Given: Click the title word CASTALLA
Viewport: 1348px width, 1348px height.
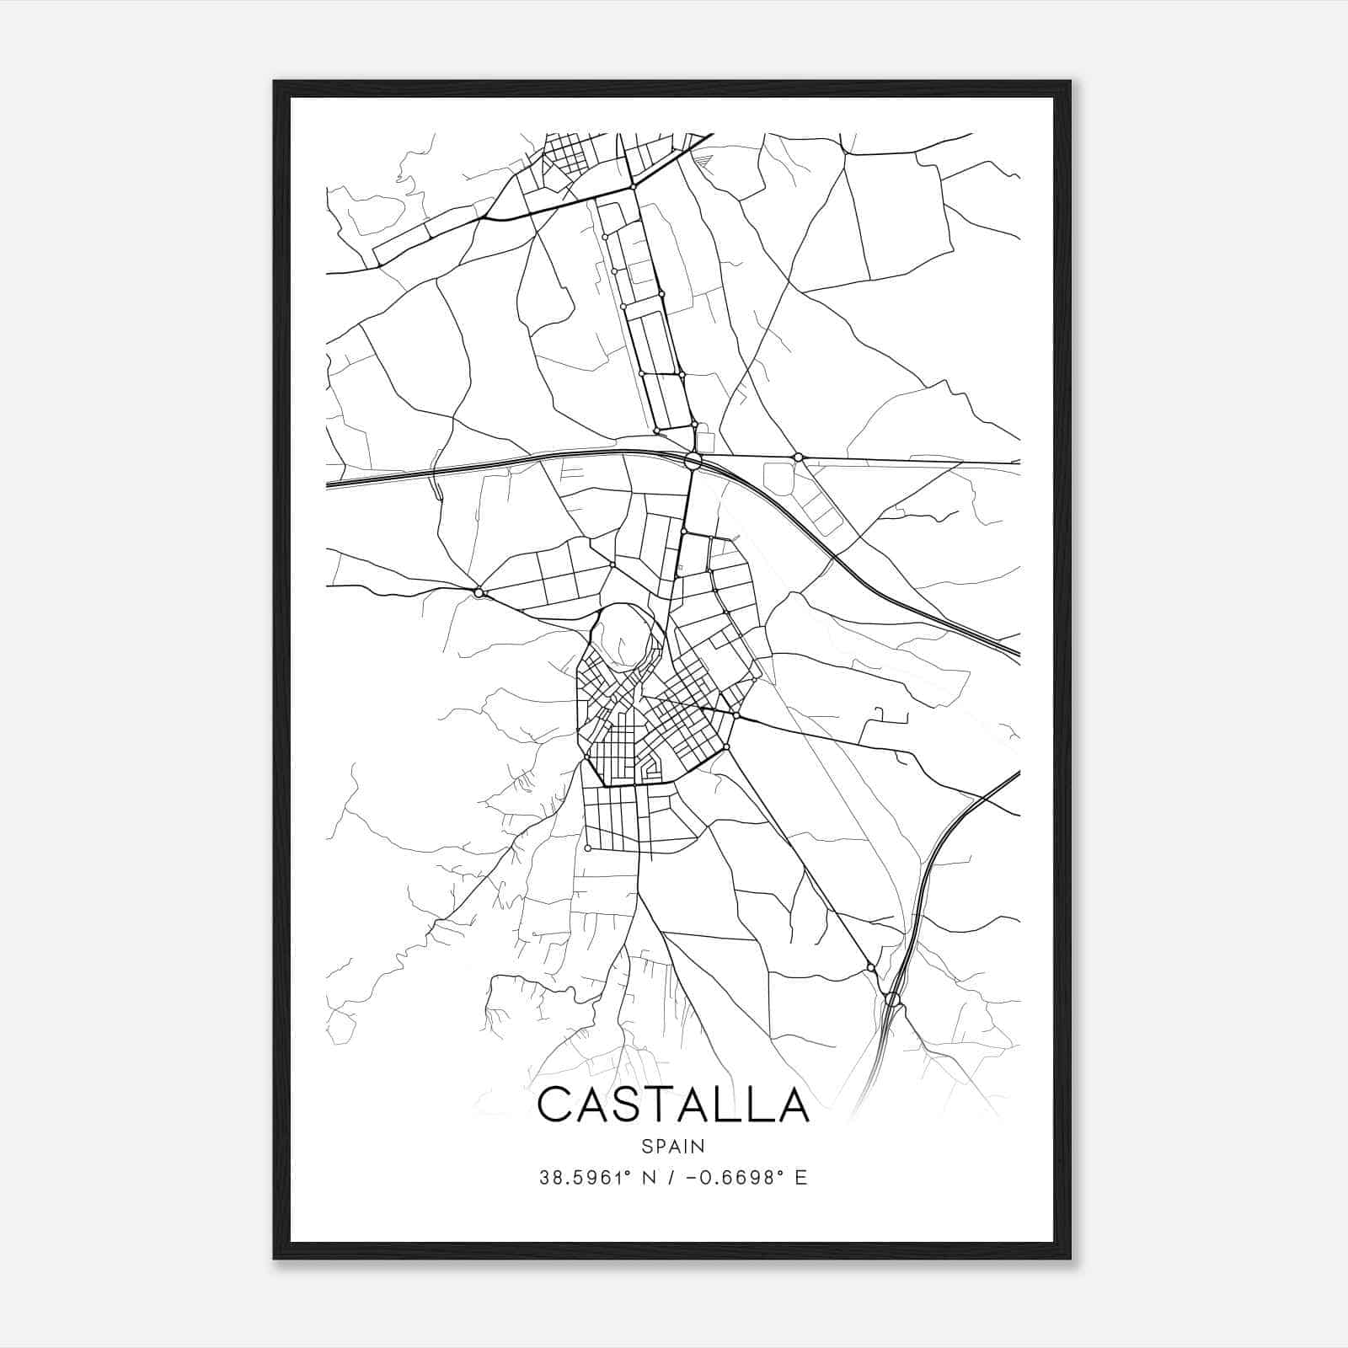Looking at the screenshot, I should point(673,1105).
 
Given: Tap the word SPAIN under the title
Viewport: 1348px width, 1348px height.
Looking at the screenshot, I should point(673,1146).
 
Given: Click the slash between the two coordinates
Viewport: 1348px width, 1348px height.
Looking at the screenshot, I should point(671,1178).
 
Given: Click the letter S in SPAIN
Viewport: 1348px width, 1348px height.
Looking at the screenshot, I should point(646,1146).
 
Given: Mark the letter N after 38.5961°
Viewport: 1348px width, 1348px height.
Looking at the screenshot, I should point(650,1178).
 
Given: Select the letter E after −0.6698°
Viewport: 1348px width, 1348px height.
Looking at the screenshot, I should point(801,1178).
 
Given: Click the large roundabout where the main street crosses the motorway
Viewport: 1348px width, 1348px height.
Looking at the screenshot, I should point(693,461).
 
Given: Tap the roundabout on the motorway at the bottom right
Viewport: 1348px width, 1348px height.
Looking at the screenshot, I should point(893,1000).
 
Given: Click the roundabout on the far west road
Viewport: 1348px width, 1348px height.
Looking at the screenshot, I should point(479,593).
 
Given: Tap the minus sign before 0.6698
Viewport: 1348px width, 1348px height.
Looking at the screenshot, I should point(693,1178).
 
